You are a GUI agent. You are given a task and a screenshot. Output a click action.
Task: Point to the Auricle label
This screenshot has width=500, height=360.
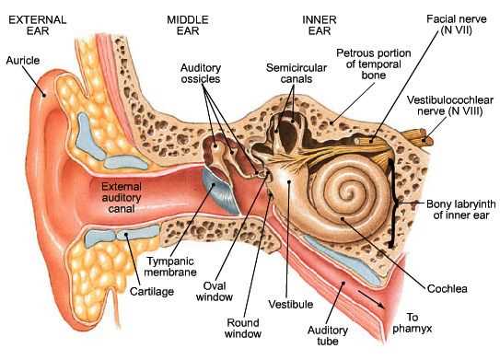coord(23,60)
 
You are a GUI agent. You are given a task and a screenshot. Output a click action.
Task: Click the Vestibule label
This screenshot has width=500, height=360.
coord(296,303)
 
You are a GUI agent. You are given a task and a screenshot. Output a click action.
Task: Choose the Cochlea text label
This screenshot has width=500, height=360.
coord(448,288)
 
